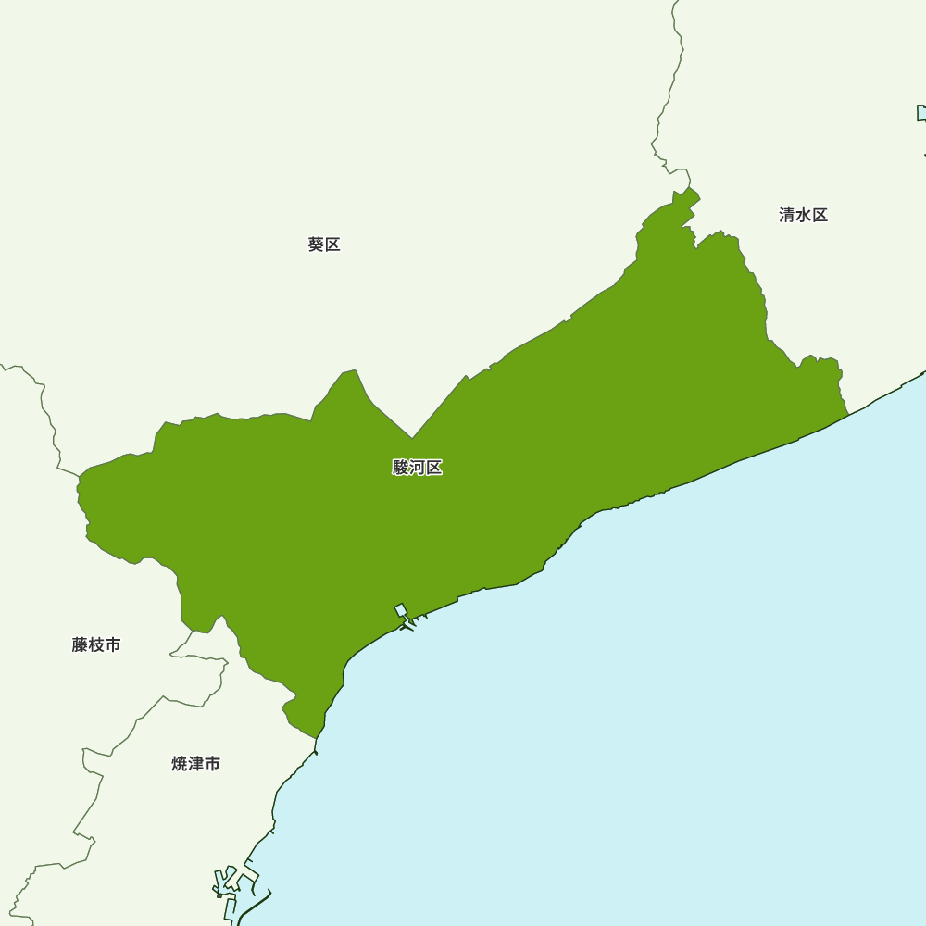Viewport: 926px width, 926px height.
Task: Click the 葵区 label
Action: [324, 244]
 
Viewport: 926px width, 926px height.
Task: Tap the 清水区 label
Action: [803, 215]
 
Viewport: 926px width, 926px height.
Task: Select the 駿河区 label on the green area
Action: [417, 468]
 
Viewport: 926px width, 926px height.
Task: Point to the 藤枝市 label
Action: [95, 644]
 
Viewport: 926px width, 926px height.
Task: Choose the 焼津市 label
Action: [195, 764]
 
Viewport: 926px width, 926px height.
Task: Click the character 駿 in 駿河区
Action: [401, 468]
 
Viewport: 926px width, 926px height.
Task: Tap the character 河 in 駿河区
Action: [418, 468]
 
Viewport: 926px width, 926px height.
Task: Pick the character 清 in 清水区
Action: [787, 215]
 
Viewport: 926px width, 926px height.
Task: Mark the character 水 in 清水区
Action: [804, 215]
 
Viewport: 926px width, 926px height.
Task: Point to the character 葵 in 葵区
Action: [316, 244]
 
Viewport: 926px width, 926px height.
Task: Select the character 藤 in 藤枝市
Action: [80, 644]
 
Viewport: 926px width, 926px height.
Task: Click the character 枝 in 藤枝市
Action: [96, 644]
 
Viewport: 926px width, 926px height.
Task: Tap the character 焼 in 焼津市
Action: [180, 764]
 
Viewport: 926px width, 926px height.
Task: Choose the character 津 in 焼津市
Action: [196, 764]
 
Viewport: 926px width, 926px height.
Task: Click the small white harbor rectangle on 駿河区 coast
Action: [401, 610]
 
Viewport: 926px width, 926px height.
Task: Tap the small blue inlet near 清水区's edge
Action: [921, 113]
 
